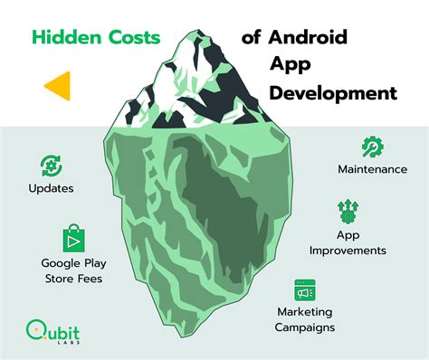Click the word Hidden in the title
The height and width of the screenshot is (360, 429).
(x=64, y=39)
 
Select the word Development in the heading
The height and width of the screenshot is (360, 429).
(x=331, y=92)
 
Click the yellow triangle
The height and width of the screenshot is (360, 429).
(x=59, y=85)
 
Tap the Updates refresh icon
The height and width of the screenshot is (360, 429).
(x=51, y=165)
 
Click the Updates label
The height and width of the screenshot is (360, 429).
(x=51, y=189)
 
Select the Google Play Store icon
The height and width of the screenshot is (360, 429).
(x=72, y=239)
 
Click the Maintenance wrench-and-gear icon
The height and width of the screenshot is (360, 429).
(x=372, y=147)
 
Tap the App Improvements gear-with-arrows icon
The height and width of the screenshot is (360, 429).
(x=348, y=212)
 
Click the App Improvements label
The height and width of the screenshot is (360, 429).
(x=348, y=242)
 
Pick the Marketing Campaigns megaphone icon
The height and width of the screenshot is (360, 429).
(x=304, y=289)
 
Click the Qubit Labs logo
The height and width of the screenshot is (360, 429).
(x=52, y=331)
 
